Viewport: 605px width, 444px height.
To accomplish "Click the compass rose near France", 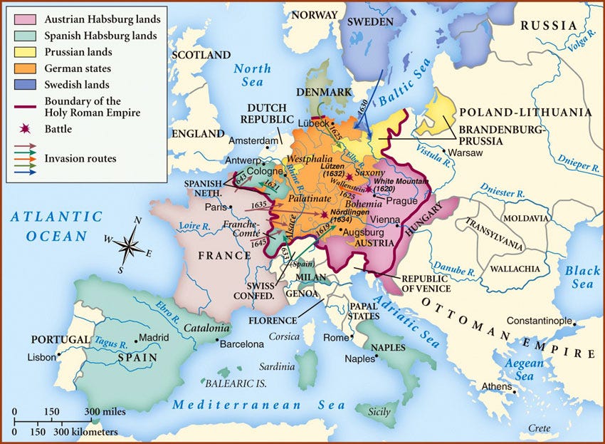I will [x=128, y=247].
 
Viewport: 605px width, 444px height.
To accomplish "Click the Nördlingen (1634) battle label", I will [x=354, y=217].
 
